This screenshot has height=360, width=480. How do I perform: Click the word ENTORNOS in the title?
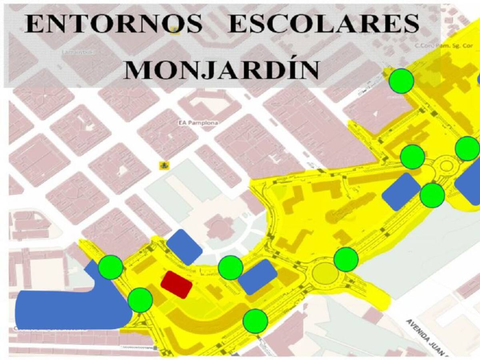click(114, 25)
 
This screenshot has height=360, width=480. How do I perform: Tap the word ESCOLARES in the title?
click(323, 25)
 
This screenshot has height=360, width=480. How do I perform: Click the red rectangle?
click(176, 284)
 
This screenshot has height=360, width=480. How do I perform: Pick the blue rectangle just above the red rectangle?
click(184, 247)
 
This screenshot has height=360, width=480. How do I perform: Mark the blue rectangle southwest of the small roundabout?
click(401, 192)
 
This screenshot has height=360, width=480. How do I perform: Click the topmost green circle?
click(401, 81)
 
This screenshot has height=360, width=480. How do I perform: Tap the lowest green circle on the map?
click(255, 321)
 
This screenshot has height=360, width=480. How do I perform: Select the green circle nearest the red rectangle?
click(140, 300)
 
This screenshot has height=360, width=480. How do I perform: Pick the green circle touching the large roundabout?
click(346, 259)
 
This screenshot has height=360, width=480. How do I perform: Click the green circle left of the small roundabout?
click(412, 156)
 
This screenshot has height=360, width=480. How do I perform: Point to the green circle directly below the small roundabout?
click(432, 195)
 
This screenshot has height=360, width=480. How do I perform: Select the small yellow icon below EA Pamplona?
click(163, 165)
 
